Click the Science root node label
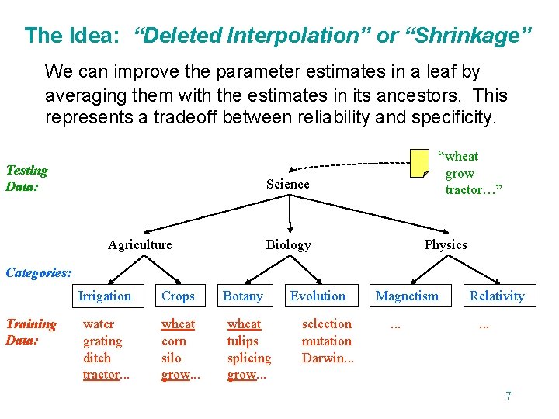point(287,184)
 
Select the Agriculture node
point(140,244)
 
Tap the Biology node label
point(288,244)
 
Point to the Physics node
point(445,244)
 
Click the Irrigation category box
point(105,296)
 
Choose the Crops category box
point(178,296)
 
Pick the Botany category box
point(243,296)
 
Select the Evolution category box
point(318,296)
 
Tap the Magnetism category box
point(407,296)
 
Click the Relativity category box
point(497,296)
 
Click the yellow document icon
point(419,162)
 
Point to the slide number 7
point(508,396)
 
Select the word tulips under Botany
point(242,341)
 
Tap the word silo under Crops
point(171,358)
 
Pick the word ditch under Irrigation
point(97,358)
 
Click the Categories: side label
point(39,273)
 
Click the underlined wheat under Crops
point(178,324)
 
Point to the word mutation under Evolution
point(326,341)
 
